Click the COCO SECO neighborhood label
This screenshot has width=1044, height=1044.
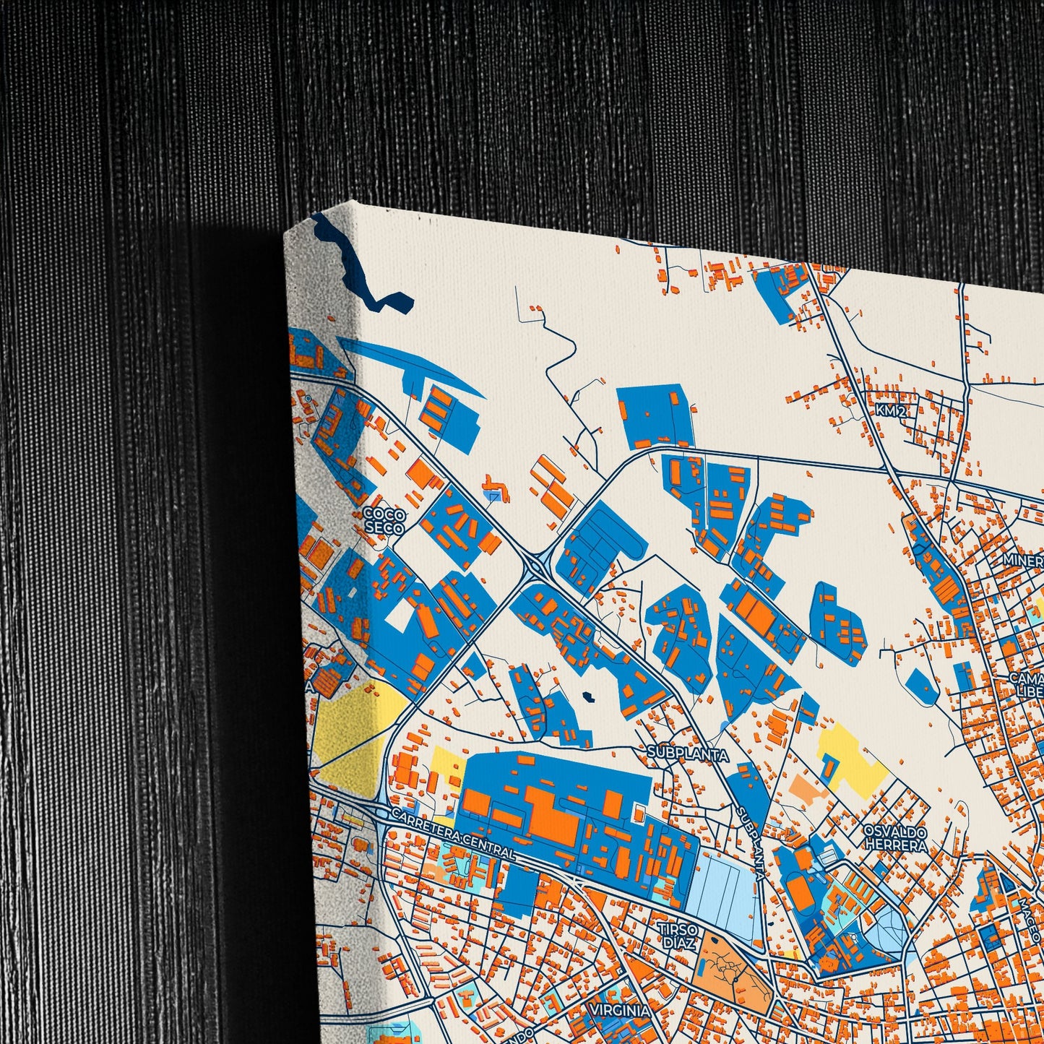point(384,520)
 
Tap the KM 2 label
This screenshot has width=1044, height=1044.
point(890,411)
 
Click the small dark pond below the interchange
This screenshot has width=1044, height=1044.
point(588,697)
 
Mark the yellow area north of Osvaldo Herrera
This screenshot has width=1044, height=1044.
point(853,766)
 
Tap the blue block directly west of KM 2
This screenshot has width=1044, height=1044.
point(655,415)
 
